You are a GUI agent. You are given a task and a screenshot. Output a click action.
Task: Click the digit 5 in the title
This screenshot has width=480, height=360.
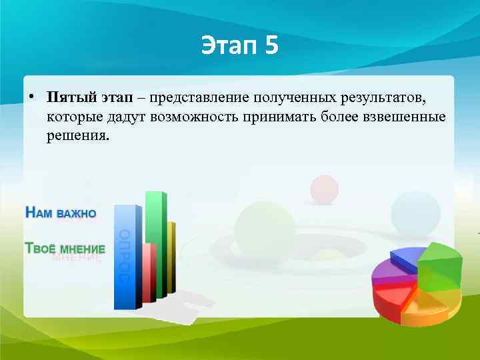click(x=269, y=46)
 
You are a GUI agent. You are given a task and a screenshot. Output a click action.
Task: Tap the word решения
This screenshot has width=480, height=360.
click(x=77, y=135)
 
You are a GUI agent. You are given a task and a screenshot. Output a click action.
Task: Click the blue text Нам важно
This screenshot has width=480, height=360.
click(x=61, y=213)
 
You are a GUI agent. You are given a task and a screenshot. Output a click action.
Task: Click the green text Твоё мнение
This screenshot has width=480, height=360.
click(x=64, y=247)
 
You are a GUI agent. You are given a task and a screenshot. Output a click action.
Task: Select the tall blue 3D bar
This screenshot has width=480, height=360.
click(x=125, y=257)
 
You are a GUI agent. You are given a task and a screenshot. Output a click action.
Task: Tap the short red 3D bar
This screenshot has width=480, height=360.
click(x=149, y=273)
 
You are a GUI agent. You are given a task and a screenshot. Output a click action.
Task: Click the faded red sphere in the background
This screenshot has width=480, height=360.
click(x=325, y=189)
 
